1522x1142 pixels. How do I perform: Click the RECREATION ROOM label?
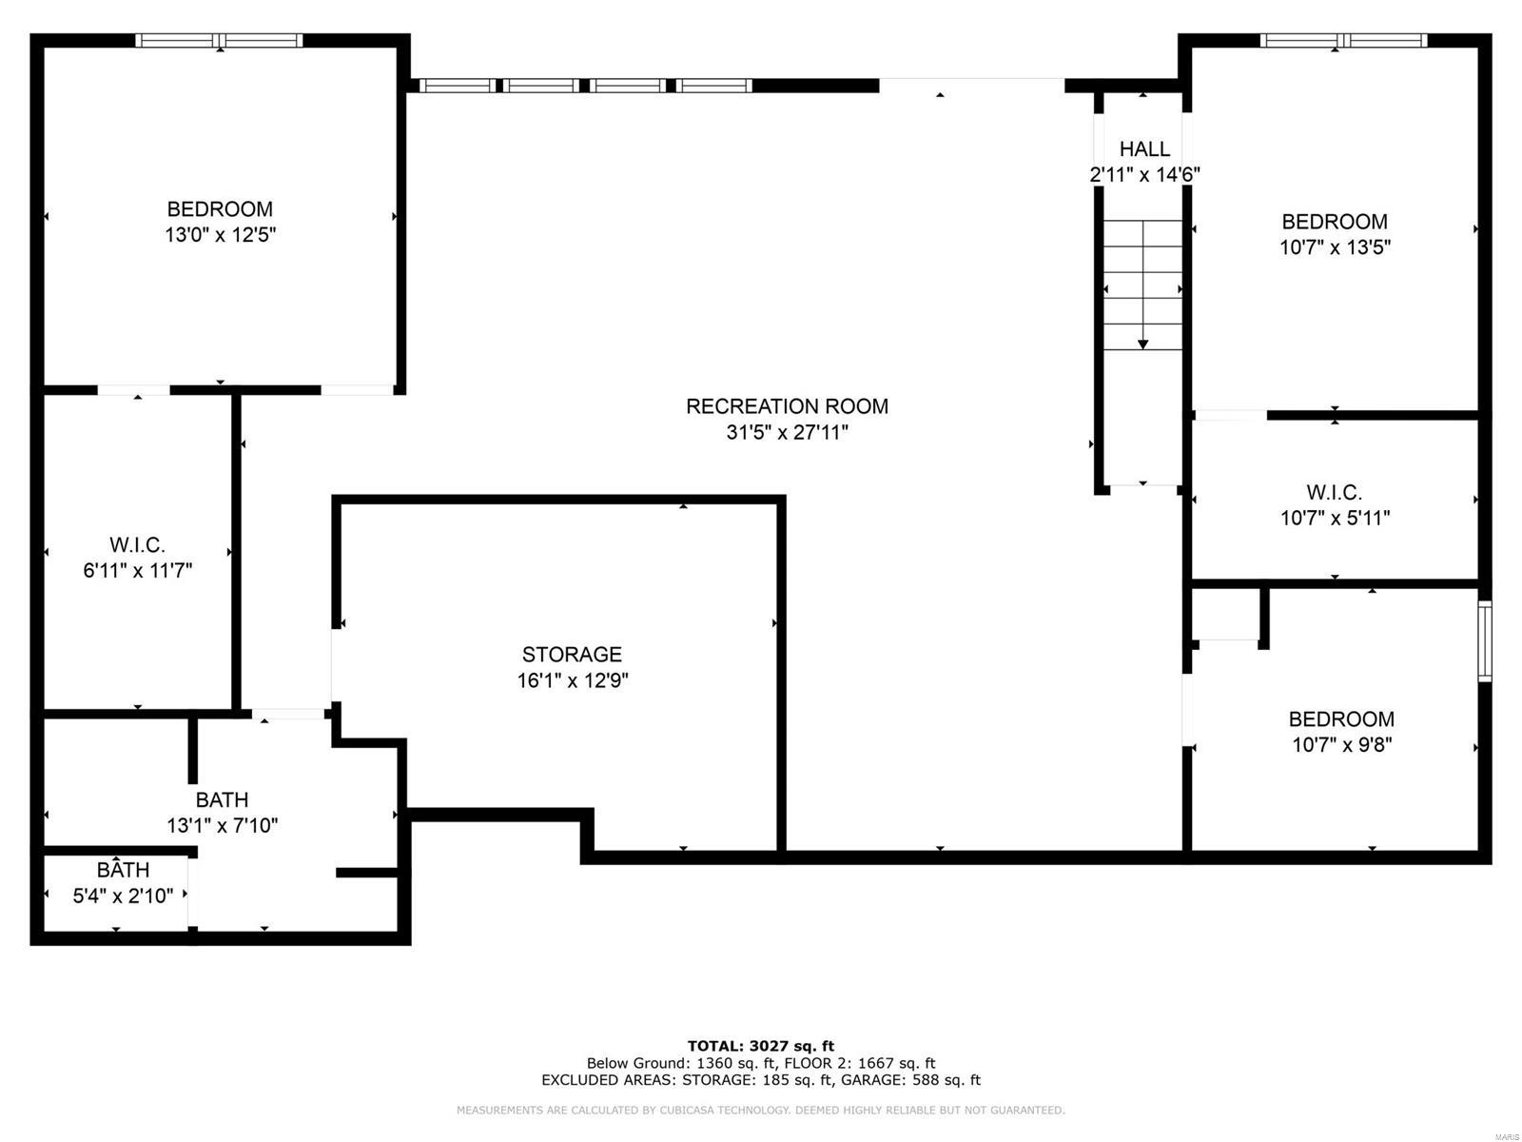point(787,406)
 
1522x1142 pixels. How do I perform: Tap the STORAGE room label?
point(572,655)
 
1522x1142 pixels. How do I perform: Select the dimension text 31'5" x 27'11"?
point(787,433)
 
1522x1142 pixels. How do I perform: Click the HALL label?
point(1144,149)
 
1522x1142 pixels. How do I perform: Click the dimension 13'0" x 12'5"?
point(220,235)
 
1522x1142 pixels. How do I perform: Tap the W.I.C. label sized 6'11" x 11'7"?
point(138,545)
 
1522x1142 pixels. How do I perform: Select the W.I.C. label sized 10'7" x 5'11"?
point(1334,493)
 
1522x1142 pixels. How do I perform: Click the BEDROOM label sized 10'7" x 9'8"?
point(1341,719)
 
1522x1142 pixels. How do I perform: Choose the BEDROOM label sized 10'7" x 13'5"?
point(1335,222)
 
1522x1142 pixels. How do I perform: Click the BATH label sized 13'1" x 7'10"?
point(222,800)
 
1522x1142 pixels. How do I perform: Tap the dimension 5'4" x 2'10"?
point(123,896)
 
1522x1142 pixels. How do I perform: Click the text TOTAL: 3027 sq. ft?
point(760,1046)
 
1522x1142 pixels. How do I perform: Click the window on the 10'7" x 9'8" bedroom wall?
point(1484,640)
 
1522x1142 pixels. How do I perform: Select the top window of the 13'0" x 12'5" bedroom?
point(220,40)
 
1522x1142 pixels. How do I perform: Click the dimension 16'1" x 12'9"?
point(572,681)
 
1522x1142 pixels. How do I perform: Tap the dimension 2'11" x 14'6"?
point(1144,175)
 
